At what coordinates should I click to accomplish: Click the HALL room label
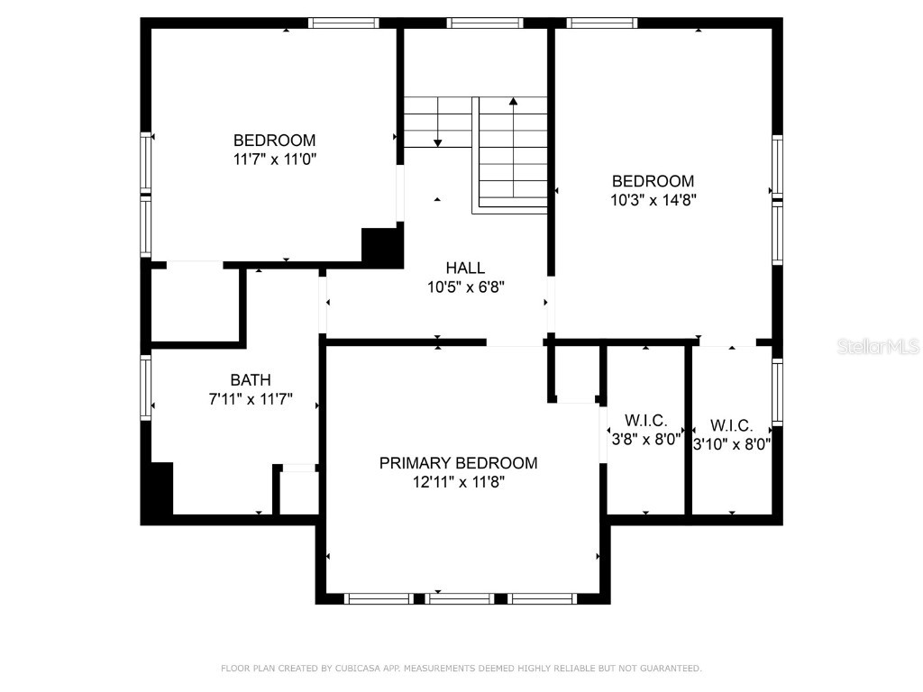[465, 268]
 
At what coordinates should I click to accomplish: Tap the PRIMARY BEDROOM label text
[458, 463]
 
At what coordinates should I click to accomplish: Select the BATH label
[250, 380]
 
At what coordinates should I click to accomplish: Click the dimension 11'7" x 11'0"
[274, 159]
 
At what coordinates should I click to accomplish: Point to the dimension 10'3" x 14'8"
[653, 200]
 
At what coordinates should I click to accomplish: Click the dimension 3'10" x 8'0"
[731, 443]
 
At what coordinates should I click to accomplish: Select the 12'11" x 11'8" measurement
[458, 482]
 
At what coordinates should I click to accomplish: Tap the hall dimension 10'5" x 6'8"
[465, 287]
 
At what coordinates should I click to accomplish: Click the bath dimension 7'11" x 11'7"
[250, 399]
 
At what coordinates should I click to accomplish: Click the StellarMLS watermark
[877, 346]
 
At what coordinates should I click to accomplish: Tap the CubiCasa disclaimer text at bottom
[461, 669]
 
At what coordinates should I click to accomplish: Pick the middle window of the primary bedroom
[460, 598]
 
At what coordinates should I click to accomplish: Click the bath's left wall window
[146, 387]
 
